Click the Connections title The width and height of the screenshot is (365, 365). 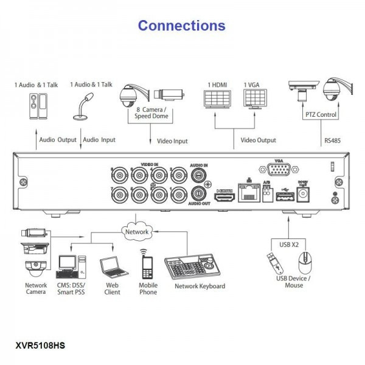coord(182,26)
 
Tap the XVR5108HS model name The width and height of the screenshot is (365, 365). coord(40,346)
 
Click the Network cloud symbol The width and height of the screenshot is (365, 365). coord(137,232)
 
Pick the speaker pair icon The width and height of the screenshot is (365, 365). coord(36,109)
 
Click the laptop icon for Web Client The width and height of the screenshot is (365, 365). coord(110,266)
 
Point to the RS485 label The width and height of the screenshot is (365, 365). coord(333,140)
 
